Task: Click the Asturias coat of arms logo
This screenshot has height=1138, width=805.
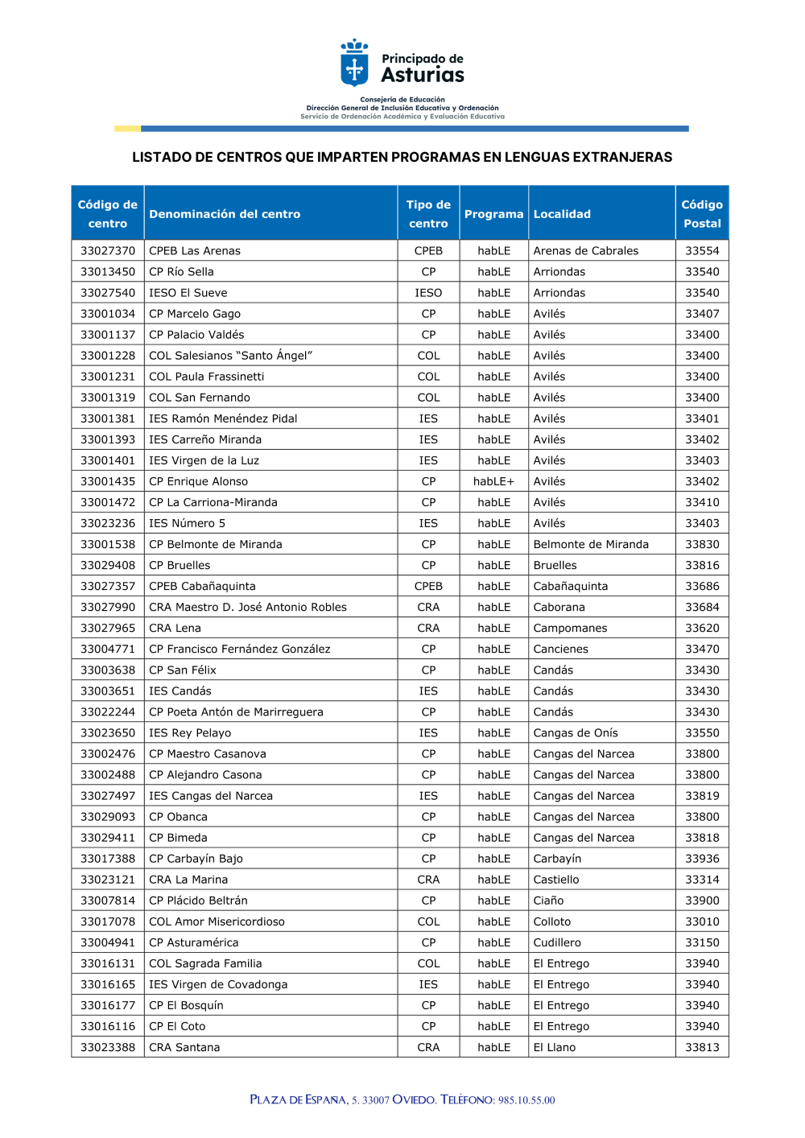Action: coord(354,64)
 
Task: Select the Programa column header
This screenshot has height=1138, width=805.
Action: coord(493,214)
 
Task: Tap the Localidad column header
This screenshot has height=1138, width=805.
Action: coord(562,214)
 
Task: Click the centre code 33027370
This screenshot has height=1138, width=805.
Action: coord(108,251)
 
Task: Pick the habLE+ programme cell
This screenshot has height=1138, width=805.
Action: coord(493,481)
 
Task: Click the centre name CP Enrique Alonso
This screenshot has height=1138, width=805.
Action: coord(198,481)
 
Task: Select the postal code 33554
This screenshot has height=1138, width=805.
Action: coord(702,251)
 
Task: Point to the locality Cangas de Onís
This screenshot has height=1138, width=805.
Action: coord(576,733)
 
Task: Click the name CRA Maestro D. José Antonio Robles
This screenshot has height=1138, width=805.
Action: coord(248,608)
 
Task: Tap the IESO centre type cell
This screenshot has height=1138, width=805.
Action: coord(428,293)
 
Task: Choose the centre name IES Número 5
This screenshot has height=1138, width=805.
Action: coord(187,523)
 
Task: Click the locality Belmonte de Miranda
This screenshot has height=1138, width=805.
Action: coord(591,544)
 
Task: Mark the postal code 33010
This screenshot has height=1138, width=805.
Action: coord(702,922)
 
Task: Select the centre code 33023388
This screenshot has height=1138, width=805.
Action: coord(108,1047)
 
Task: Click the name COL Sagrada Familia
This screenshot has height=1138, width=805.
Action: coord(205,963)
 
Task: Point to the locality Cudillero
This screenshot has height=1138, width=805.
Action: coord(557,942)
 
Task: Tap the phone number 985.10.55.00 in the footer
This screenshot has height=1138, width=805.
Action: coord(526,1100)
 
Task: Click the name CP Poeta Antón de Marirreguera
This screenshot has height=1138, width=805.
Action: coord(236,712)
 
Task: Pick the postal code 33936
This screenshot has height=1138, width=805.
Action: coord(702,859)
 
